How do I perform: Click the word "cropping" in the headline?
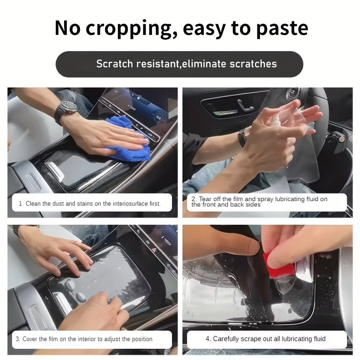point(131,29)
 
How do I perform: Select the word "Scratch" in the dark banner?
point(114,64)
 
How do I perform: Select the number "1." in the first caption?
point(21,204)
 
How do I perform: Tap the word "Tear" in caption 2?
point(205,199)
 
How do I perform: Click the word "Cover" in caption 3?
point(30,339)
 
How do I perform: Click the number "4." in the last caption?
point(208,339)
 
